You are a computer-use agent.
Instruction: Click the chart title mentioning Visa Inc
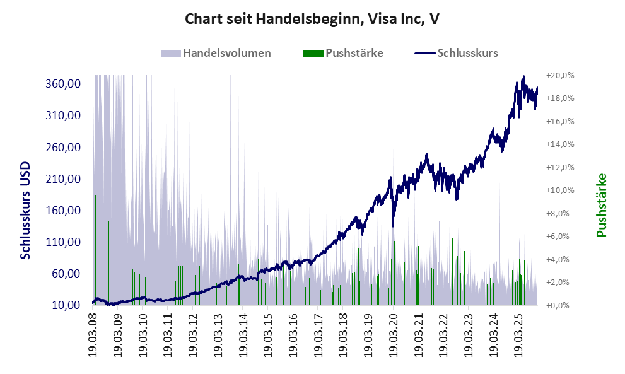point(312,19)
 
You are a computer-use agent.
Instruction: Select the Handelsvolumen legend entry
point(226,53)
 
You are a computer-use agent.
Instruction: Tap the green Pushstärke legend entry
point(353,53)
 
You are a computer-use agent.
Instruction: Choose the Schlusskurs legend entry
point(467,53)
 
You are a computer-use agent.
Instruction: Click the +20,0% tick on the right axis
point(561,75)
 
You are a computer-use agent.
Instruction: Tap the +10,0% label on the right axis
point(561,190)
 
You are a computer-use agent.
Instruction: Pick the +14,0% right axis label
point(561,144)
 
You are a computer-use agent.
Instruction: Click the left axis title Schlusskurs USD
point(26,209)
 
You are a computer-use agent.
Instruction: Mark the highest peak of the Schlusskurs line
point(523,77)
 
